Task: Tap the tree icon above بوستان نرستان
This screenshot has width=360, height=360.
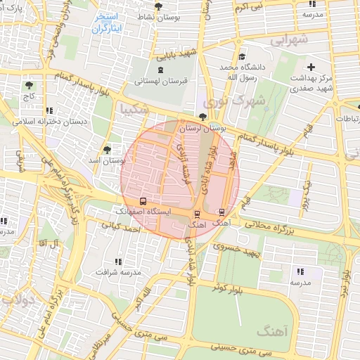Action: pyautogui.click(x=203, y=117)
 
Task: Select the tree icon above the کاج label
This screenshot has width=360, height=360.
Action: pyautogui.click(x=30, y=85)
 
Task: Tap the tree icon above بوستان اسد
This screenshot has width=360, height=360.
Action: pyautogui.click(x=108, y=150)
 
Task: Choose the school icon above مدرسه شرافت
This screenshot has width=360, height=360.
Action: pyautogui.click(x=117, y=261)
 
